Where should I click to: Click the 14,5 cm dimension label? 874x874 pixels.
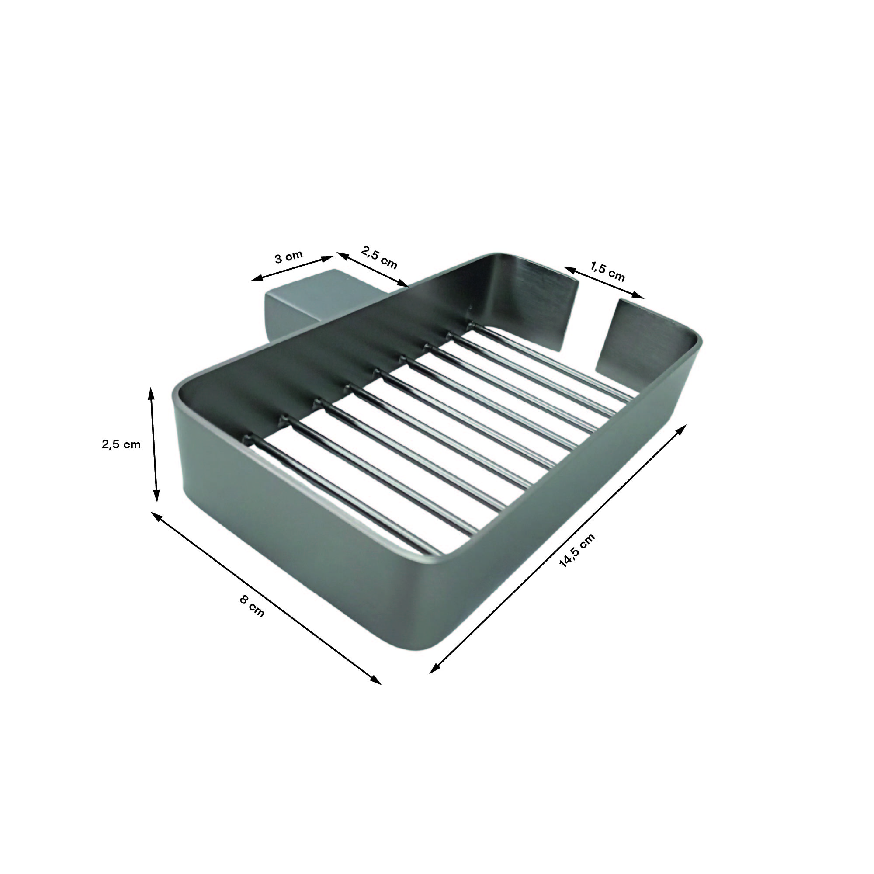click(x=577, y=551)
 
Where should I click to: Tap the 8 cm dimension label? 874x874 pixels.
click(x=252, y=606)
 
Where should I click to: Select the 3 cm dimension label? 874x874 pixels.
click(x=288, y=257)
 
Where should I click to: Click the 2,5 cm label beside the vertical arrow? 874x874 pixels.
click(x=121, y=444)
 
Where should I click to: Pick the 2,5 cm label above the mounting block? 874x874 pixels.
click(x=379, y=257)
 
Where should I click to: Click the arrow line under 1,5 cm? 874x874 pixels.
click(x=603, y=283)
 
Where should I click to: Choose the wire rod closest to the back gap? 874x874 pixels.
click(x=552, y=362)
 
